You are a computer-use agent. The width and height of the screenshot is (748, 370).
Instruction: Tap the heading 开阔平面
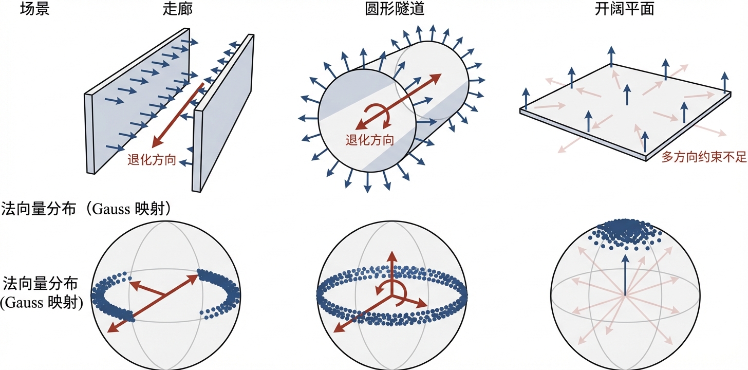click(x=630, y=9)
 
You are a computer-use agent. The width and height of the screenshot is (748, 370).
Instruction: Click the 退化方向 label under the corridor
click(x=152, y=160)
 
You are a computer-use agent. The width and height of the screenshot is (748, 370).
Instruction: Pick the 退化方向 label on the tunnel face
click(x=370, y=140)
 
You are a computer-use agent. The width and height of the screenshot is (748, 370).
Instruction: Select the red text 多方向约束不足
click(x=703, y=157)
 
